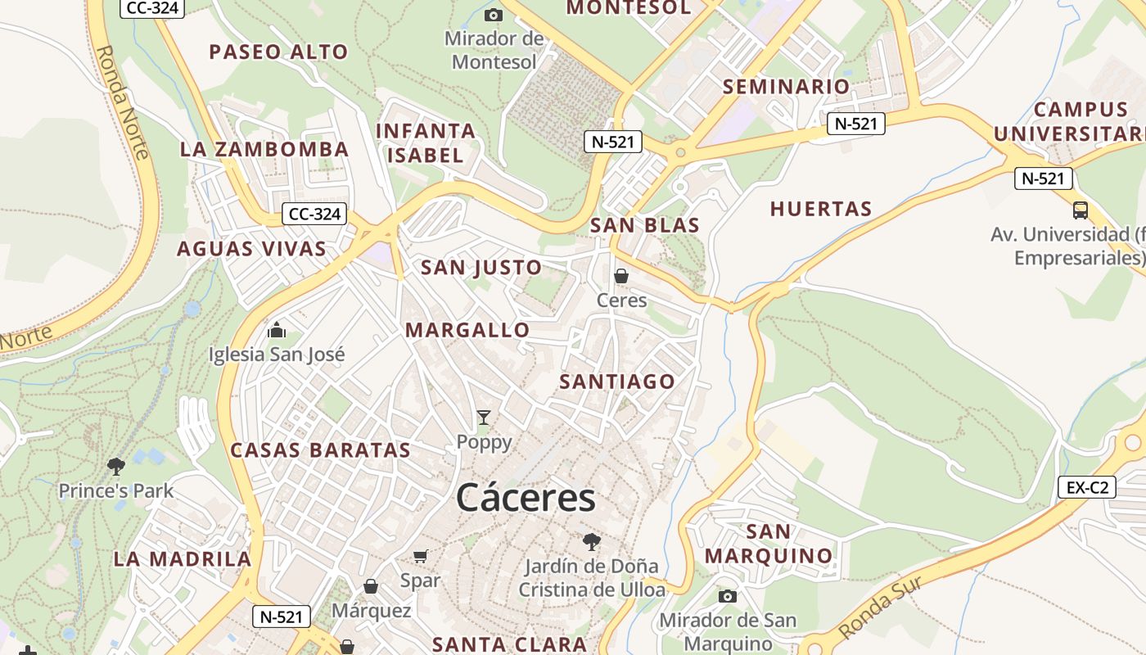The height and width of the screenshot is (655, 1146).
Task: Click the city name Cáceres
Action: pos(526,498)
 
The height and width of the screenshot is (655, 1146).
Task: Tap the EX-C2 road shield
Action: pos(1087,488)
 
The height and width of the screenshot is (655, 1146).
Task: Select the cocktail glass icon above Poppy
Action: pos(484,418)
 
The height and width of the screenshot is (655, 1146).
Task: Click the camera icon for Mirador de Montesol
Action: pos(493,15)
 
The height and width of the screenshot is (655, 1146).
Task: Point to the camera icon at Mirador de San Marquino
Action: pos(727,596)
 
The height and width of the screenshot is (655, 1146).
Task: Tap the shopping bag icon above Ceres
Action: pos(621,276)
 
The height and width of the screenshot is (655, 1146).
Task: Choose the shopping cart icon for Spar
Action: pos(421,557)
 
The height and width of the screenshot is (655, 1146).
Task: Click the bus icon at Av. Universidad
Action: pos(1081,210)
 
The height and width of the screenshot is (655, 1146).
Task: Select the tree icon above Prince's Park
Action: pos(115,467)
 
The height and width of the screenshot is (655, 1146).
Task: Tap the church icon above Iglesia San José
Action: pos(277,330)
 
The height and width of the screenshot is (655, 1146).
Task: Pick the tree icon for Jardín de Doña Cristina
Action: pos(591,541)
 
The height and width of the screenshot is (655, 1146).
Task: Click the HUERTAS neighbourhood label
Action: pos(821,210)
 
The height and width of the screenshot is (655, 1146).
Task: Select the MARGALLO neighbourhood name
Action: pos(467,331)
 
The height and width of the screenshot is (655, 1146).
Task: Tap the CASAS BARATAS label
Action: pos(320,450)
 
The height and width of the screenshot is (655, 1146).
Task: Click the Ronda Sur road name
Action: pos(881,608)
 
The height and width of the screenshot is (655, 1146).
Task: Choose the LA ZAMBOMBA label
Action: pos(264,150)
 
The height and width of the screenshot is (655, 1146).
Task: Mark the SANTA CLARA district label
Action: pos(509,644)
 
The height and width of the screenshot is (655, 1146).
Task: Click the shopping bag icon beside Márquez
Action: pos(370,586)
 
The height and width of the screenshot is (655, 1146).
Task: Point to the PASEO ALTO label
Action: pos(278,52)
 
